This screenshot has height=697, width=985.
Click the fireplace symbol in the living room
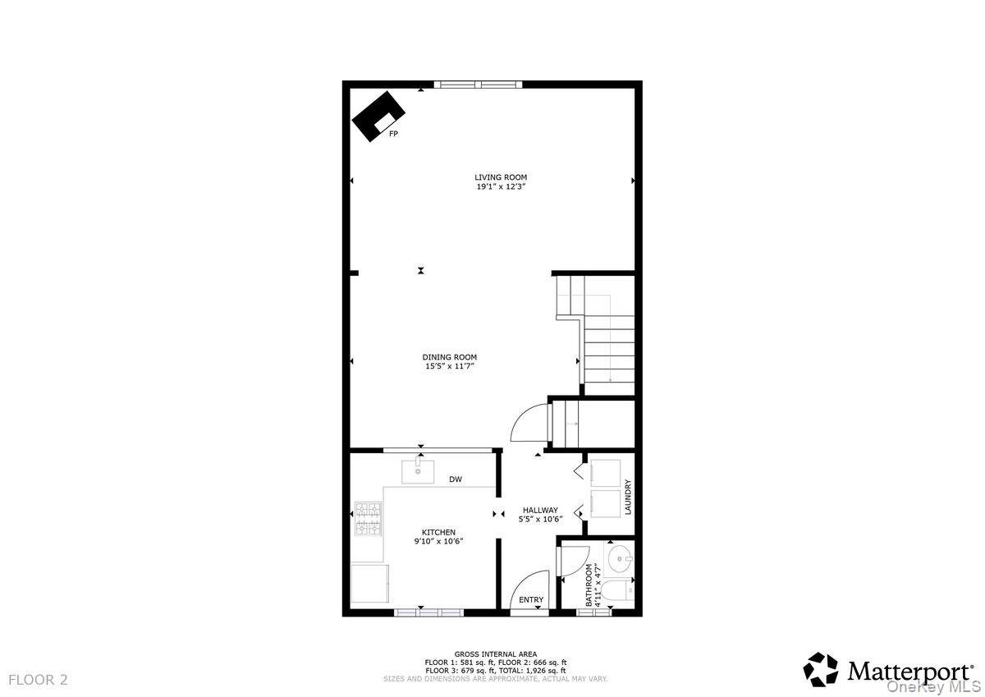(378, 115)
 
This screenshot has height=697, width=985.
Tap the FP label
(393, 133)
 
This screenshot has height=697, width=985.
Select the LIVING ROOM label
(501, 177)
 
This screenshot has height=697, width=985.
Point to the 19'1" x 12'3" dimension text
(501, 187)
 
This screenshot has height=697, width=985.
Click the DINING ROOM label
(450, 357)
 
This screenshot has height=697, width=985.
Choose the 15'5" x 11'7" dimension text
(450, 366)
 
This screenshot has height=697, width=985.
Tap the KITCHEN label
(439, 532)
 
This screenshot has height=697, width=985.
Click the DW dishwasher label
(455, 479)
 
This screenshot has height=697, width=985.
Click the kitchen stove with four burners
(368, 519)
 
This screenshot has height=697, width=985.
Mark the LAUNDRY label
(628, 498)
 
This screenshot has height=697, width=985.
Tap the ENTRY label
(531, 600)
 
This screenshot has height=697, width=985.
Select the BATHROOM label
(589, 585)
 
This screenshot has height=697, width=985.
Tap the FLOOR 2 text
(39, 680)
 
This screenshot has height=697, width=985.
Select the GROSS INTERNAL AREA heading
(496, 654)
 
